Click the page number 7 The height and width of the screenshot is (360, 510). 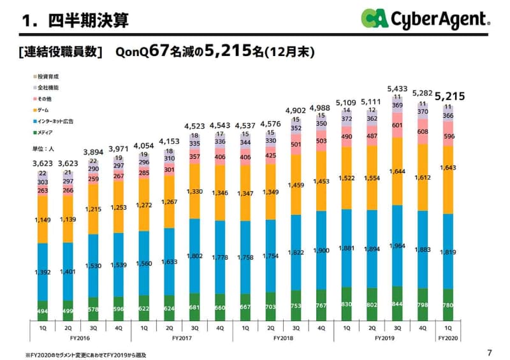coord(489,352)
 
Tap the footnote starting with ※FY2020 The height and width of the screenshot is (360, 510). coord(86,354)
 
